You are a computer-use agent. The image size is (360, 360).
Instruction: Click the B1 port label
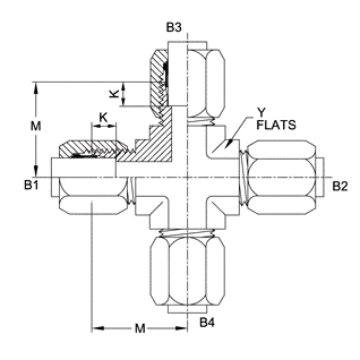[31, 186]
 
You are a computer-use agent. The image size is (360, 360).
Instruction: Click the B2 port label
[340, 186]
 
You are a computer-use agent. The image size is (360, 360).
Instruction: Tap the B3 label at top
[174, 28]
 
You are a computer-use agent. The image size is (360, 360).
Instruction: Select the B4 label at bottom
[207, 322]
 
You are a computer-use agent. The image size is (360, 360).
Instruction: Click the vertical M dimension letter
[36, 126]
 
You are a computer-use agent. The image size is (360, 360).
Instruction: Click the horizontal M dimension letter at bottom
[140, 329]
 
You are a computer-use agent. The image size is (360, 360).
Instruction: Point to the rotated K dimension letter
[114, 94]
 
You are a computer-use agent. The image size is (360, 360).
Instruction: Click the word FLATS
[276, 125]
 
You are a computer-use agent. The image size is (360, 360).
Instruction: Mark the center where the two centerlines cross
[188, 177]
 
